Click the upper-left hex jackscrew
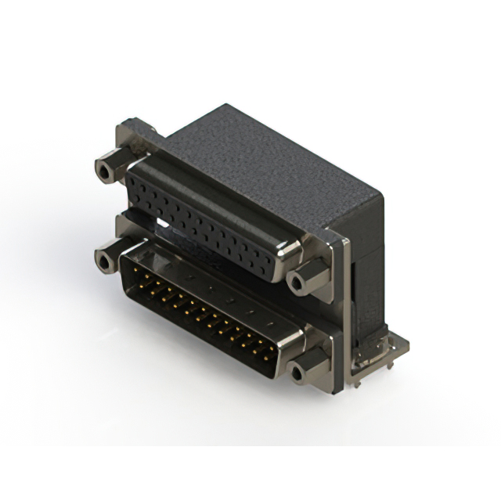click(105, 169)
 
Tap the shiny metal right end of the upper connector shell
click(288, 252)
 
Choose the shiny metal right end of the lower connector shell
click(290, 341)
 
